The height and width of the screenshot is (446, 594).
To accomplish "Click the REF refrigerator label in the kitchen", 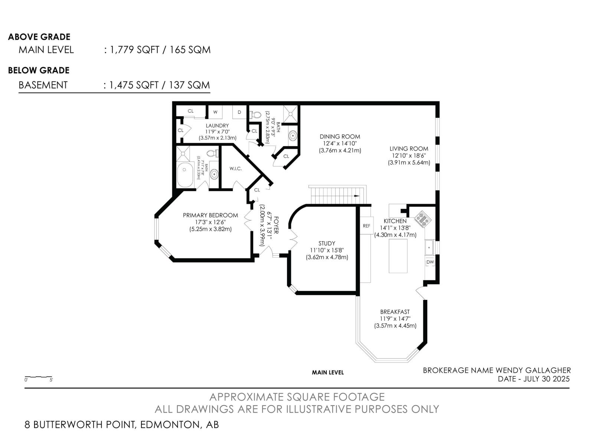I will point(366,226).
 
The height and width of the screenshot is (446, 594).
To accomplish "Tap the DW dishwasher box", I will point(430,262).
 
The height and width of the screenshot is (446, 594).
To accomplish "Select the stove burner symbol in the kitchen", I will point(423,219).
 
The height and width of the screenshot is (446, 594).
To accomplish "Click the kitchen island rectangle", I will point(398,256).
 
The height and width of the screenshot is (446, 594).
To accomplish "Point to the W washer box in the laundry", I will point(215,112).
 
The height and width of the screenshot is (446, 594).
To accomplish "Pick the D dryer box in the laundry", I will point(239,112).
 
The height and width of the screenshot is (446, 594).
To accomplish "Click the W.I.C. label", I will point(235,169).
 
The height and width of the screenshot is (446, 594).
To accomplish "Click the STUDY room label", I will point(327,243).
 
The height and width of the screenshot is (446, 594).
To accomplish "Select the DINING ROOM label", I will point(340,137).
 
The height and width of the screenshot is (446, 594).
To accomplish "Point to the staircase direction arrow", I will point(357,196).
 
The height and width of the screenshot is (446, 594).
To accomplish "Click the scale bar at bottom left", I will point(39,377).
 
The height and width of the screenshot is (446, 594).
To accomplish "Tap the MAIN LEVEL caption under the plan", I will point(327,372).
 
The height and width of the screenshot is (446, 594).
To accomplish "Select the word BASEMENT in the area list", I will point(43,85).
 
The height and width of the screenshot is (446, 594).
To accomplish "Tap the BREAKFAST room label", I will point(395,312).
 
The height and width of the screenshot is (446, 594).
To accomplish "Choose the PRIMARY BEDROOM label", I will point(210,216).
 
